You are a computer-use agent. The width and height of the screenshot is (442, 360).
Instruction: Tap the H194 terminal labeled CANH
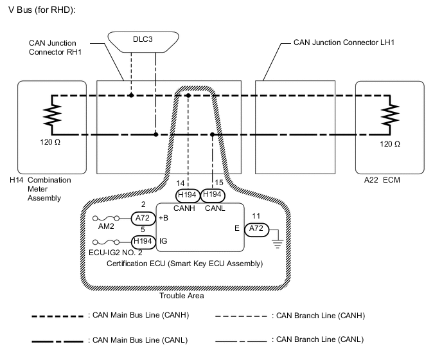pos(188,194)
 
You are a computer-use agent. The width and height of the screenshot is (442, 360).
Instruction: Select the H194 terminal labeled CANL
pos(213,194)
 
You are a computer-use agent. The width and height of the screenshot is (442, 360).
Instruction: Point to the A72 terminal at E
pos(256,229)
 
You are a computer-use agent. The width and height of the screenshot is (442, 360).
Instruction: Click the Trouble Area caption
pos(182,296)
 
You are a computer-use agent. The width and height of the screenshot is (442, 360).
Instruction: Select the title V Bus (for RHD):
pos(42,11)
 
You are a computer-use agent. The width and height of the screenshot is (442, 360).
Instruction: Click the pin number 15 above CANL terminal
pos(218,183)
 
